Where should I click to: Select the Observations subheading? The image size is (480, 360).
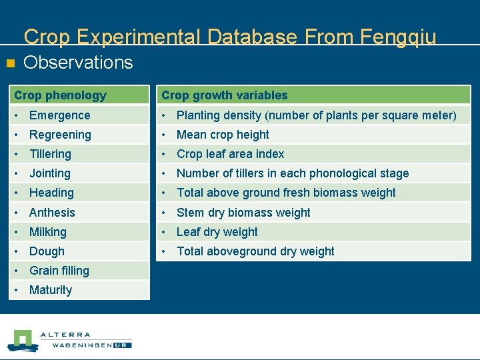(x=78, y=63)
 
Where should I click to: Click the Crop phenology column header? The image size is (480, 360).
(x=61, y=95)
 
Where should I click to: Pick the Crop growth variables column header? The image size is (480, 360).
(x=225, y=95)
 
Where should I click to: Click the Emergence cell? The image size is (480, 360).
(x=59, y=115)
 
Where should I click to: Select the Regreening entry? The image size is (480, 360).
(x=60, y=135)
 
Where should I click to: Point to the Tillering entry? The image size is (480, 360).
(x=50, y=154)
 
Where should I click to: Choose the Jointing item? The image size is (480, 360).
(x=49, y=173)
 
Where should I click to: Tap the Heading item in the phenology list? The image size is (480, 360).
(x=51, y=193)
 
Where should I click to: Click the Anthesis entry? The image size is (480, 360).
(x=52, y=213)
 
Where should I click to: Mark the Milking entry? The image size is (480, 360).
(x=48, y=232)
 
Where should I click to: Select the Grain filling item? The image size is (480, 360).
(x=59, y=271)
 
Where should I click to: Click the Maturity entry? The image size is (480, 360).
(x=51, y=290)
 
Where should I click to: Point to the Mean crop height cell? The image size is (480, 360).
(x=223, y=135)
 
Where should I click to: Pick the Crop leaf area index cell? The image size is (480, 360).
(x=230, y=154)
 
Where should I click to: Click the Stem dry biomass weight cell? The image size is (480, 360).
(x=243, y=213)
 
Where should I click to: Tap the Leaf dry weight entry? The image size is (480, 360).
(x=217, y=232)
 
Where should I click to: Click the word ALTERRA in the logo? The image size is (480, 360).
(x=65, y=335)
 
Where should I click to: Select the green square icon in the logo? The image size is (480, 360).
(x=24, y=339)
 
